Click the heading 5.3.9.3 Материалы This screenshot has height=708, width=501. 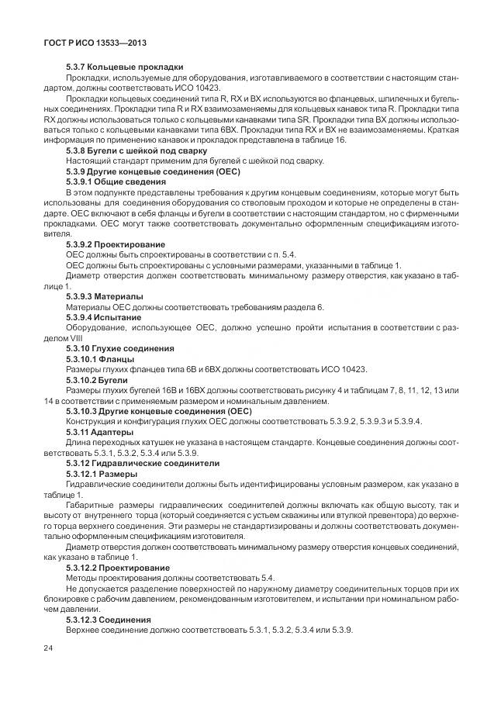(x=104, y=296)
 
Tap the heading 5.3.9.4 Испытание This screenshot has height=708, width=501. (x=104, y=317)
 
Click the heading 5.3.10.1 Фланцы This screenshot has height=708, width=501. (x=100, y=359)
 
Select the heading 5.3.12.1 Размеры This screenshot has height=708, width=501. (x=102, y=473)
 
